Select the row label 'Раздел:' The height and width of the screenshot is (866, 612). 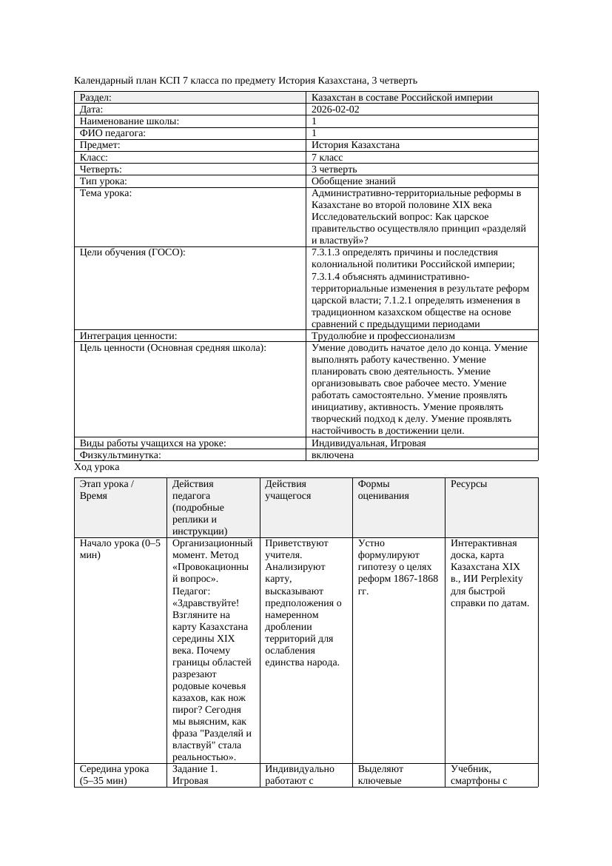[x=95, y=98]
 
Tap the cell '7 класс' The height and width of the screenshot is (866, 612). [x=327, y=158]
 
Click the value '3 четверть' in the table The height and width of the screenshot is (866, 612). [x=334, y=169]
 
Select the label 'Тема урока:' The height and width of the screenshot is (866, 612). [x=106, y=193]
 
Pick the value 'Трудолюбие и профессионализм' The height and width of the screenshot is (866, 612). [x=383, y=336]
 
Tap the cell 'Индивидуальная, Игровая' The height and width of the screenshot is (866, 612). [x=369, y=443]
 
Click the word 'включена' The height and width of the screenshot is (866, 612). [x=332, y=455]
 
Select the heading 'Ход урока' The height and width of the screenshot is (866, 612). [x=97, y=468]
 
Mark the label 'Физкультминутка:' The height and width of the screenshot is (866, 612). [x=120, y=455]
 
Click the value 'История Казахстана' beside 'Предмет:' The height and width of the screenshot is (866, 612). [x=356, y=145]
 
